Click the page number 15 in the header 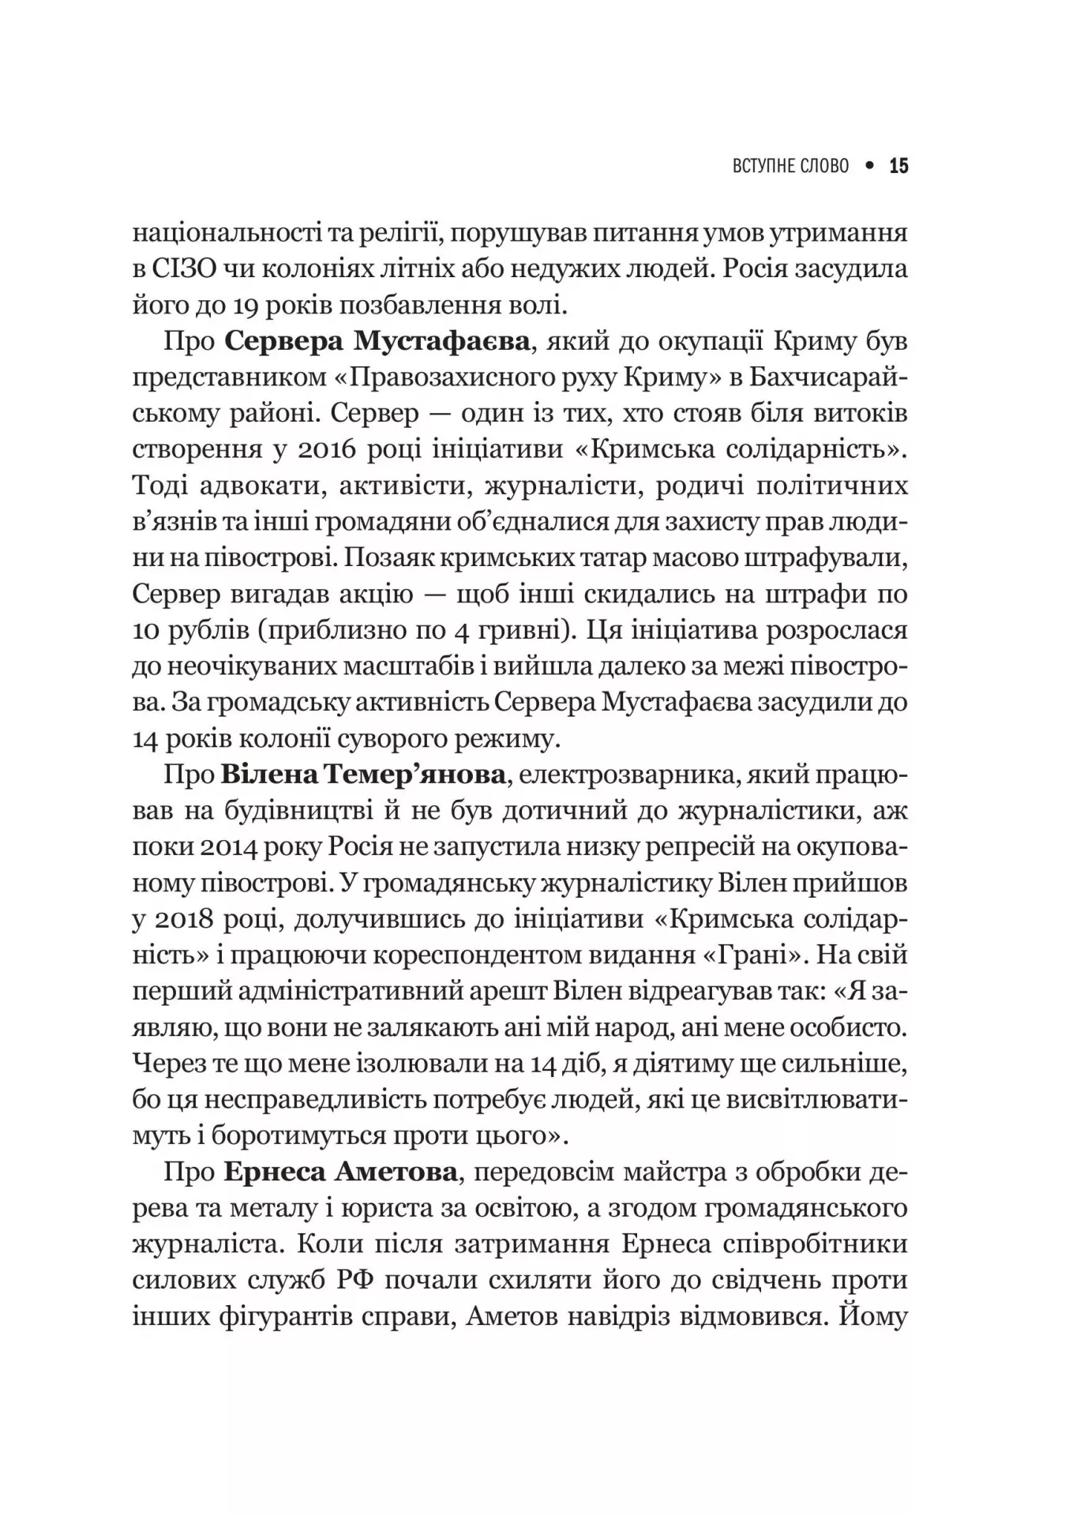click(x=898, y=166)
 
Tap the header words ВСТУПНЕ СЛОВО click(x=790, y=166)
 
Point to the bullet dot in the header click(x=869, y=166)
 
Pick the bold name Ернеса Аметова click(x=340, y=1172)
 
